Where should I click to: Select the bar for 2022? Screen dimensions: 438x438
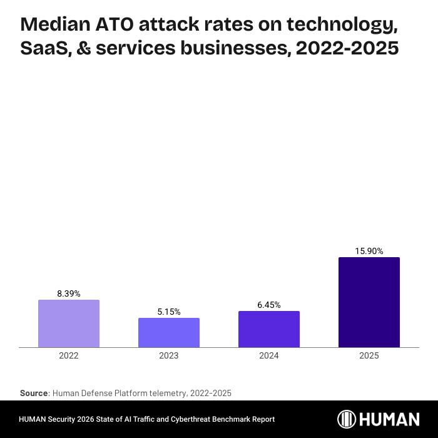tap(69, 323)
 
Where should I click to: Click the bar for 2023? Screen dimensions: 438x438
tap(169, 332)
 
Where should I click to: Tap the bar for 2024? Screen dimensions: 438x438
tap(269, 329)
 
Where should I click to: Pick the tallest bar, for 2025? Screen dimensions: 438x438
tap(369, 302)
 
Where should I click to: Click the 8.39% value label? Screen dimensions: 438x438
tap(69, 293)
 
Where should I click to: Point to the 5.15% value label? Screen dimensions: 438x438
tap(169, 312)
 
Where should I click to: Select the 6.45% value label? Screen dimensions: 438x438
tap(269, 305)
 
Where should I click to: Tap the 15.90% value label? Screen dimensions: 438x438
tap(369, 251)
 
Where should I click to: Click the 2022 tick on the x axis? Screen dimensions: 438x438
tap(69, 355)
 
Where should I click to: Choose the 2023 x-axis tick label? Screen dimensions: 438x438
tap(169, 355)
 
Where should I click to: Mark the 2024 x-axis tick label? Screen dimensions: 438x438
tap(269, 355)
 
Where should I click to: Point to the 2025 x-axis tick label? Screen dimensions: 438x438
tap(369, 355)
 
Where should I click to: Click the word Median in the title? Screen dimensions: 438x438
tap(55, 26)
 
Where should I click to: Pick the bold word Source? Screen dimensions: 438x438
tap(34, 393)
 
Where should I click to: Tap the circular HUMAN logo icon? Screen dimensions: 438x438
tap(347, 419)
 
